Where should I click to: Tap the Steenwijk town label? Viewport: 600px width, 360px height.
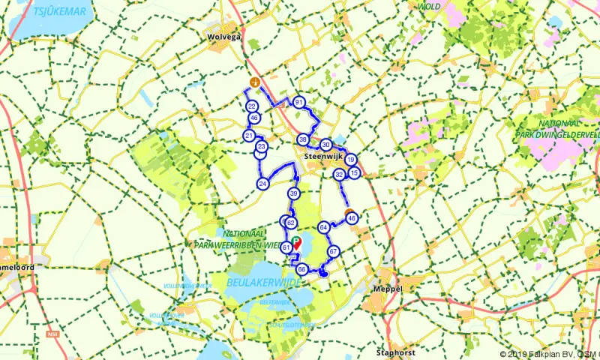tap(324, 157)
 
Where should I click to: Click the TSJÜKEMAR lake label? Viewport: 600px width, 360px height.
tap(60, 12)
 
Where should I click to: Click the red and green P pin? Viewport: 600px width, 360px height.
tap(296, 242)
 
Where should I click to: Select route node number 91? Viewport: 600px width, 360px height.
tap(298, 103)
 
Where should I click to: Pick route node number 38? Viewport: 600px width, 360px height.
tap(302, 139)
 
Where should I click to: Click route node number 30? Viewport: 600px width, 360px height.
tap(325, 145)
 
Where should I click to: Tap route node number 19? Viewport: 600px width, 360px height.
tap(350, 159)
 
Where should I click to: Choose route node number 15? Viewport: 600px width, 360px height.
tap(355, 173)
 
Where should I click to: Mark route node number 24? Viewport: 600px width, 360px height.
tap(262, 184)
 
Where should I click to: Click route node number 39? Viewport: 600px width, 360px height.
tap(294, 194)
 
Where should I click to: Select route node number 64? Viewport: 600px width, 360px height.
tap(323, 227)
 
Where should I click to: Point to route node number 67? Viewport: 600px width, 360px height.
tap(334, 252)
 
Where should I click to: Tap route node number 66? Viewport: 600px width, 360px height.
tap(301, 269)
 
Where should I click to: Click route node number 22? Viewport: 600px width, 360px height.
tap(252, 106)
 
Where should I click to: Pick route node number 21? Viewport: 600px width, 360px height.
tap(249, 136)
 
